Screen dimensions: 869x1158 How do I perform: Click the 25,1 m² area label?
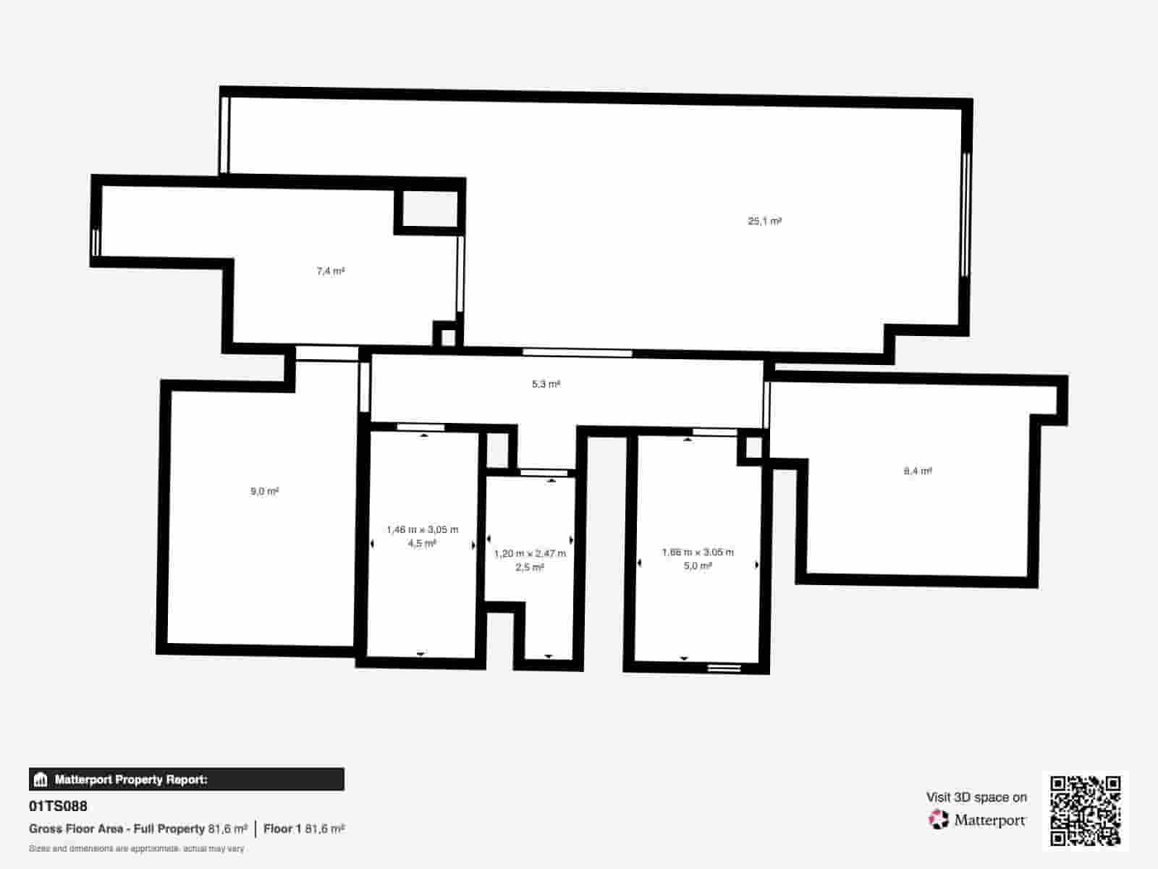pyautogui.click(x=764, y=221)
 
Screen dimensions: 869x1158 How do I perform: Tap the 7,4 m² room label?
pyautogui.click(x=330, y=271)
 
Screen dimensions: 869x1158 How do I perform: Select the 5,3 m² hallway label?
pyautogui.click(x=546, y=384)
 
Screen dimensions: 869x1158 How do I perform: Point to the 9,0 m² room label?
pyautogui.click(x=264, y=491)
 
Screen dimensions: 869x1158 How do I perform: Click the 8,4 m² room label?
pyautogui.click(x=918, y=471)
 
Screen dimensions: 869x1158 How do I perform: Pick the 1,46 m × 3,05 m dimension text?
pyautogui.click(x=422, y=529)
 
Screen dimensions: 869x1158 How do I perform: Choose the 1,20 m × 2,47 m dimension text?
pyautogui.click(x=530, y=553)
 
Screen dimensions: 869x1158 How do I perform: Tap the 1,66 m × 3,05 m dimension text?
pyautogui.click(x=698, y=552)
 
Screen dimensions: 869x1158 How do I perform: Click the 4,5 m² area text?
pyautogui.click(x=422, y=543)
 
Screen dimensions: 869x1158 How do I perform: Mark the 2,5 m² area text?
pyautogui.click(x=530, y=567)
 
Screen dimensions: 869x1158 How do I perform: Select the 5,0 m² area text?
pyautogui.click(x=698, y=566)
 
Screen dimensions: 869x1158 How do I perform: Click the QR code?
pyautogui.click(x=1086, y=810)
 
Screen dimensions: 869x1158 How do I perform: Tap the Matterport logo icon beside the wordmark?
pyautogui.click(x=939, y=820)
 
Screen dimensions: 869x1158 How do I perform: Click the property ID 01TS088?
pyautogui.click(x=58, y=806)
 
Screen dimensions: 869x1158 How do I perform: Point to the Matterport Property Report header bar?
pyautogui.click(x=186, y=779)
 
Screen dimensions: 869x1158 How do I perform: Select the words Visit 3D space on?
pyautogui.click(x=976, y=797)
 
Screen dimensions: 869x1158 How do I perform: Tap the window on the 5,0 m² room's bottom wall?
pyautogui.click(x=724, y=668)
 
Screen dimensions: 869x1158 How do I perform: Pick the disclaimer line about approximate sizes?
pyautogui.click(x=136, y=848)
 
